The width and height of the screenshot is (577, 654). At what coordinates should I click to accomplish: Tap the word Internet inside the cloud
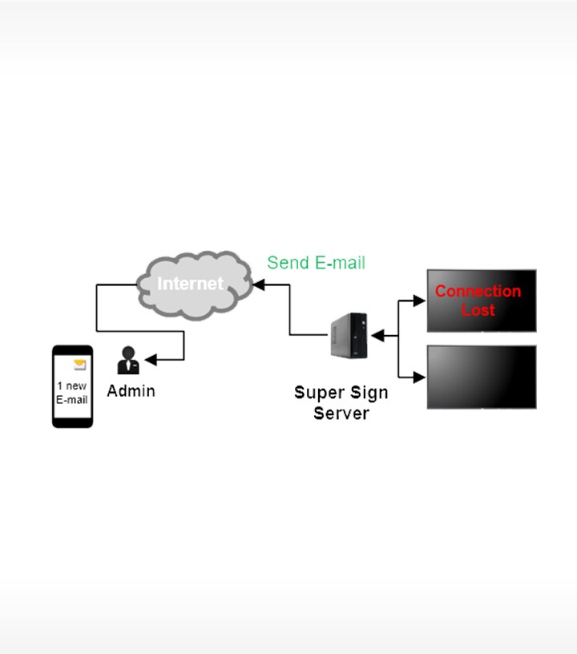[x=191, y=283]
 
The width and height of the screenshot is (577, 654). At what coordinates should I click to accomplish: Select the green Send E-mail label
[x=316, y=263]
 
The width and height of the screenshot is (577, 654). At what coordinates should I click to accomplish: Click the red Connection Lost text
[x=478, y=301]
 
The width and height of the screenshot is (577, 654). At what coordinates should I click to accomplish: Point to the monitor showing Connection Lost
[x=481, y=300]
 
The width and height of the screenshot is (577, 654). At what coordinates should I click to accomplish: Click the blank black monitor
[x=481, y=377]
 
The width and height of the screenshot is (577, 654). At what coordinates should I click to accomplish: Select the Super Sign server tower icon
[x=350, y=337]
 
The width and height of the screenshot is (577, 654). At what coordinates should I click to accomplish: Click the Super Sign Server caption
[x=341, y=402]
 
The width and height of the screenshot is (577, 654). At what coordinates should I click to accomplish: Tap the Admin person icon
[x=128, y=361]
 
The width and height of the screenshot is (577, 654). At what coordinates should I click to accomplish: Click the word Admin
[x=131, y=391]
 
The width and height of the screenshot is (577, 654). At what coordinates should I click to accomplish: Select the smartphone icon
[x=72, y=386]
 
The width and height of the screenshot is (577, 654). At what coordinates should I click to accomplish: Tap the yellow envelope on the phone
[x=79, y=365]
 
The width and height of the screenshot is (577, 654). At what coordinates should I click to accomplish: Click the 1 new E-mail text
[x=72, y=393]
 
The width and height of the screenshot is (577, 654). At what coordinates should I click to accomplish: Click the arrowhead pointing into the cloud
[x=258, y=284]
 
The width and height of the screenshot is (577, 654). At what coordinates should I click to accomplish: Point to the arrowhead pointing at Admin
[x=149, y=361]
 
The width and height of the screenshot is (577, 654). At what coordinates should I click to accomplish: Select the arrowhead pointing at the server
[x=375, y=335]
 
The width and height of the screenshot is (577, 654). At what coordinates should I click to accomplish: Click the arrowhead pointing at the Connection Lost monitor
[x=419, y=301]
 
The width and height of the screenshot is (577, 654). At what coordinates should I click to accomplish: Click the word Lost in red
[x=478, y=310]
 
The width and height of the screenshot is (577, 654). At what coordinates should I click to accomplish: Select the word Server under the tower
[x=341, y=413]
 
